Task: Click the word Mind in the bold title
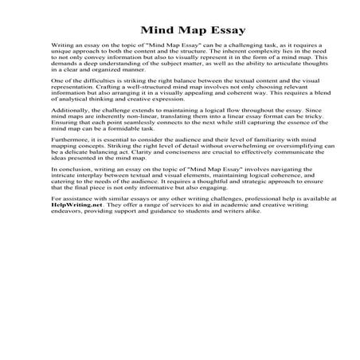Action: (x=143, y=25)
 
